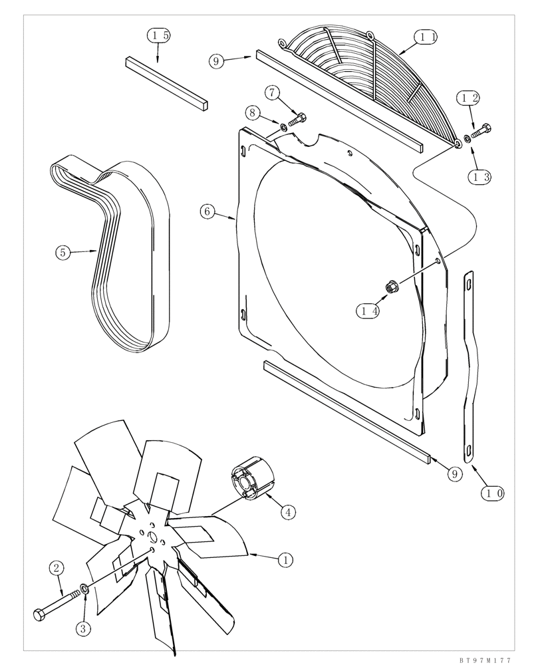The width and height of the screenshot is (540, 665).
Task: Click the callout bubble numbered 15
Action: [x=158, y=36]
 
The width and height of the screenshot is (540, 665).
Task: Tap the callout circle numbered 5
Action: [x=63, y=252]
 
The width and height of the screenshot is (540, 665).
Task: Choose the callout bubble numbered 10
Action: [x=493, y=493]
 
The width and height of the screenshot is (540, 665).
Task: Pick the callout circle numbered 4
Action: [x=287, y=512]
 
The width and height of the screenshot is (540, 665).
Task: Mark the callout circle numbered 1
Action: [x=285, y=560]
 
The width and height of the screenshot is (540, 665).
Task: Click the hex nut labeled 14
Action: [x=392, y=287]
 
